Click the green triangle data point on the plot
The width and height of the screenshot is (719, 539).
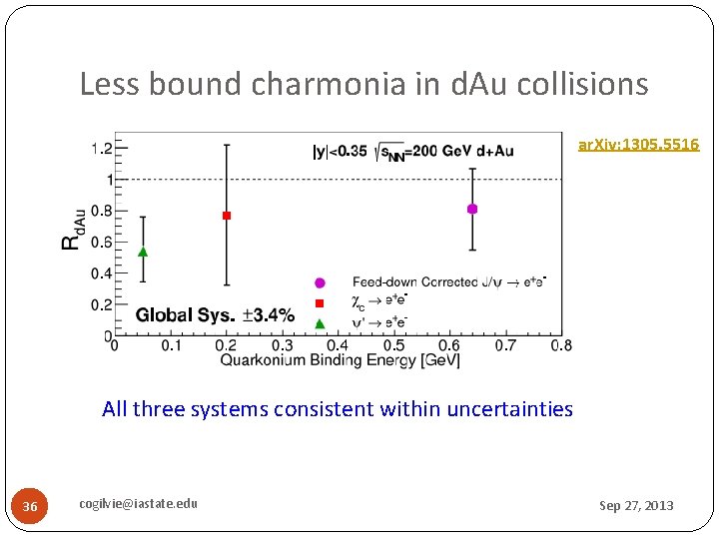pos(143,252)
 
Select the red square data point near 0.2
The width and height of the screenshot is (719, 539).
pos(227,216)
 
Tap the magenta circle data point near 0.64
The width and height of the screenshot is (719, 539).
pos(472,209)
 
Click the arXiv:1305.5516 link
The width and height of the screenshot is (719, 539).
pos(639,146)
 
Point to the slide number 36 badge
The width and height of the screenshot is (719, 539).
pos(30,507)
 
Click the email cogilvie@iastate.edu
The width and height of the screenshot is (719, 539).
pos(139,503)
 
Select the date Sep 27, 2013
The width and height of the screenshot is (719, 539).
pos(636,506)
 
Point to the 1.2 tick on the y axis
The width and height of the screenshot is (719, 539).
pos(102,149)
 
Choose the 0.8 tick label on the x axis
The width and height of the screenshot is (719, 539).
pos(561,345)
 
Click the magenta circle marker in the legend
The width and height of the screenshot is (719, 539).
pos(320,282)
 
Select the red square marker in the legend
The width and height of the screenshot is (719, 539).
pos(320,302)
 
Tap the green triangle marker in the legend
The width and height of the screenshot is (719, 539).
pos(320,322)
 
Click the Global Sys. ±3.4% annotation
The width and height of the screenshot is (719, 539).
pos(215,315)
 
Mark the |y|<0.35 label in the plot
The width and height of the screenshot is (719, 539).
pos(336,151)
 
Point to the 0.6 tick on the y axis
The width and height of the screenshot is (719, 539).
pos(102,243)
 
